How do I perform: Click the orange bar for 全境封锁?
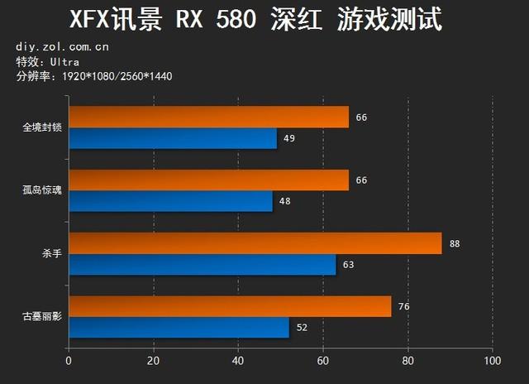[208, 117]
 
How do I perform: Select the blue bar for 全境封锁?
[172, 137]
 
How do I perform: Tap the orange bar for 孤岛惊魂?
[208, 180]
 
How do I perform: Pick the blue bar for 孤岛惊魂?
[170, 201]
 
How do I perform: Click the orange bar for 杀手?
[255, 243]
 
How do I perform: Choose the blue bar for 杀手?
[202, 265]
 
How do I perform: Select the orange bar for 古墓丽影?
[230, 306]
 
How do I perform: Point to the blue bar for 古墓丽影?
[179, 328]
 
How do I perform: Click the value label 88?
[455, 243]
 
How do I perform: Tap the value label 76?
[403, 306]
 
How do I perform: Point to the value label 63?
[349, 265]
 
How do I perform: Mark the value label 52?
[302, 328]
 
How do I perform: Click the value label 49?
[289, 137]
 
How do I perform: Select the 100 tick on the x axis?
[493, 361]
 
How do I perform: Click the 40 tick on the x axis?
[238, 361]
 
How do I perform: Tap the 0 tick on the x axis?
[69, 361]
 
